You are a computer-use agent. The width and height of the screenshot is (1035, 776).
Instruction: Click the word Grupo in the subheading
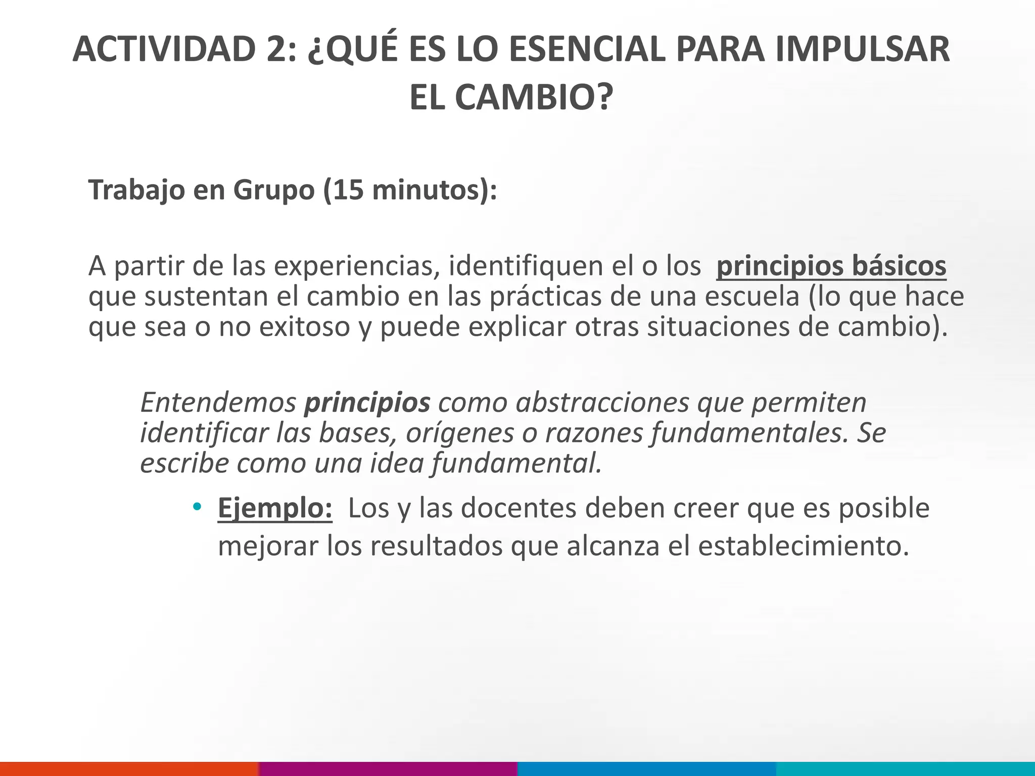(273, 191)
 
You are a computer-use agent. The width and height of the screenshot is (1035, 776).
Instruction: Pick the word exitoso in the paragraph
(304, 327)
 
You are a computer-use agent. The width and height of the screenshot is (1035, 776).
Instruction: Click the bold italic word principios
(367, 403)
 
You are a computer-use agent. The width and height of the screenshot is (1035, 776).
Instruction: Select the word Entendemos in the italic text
(218, 403)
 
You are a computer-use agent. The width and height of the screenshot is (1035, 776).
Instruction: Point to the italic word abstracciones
(602, 403)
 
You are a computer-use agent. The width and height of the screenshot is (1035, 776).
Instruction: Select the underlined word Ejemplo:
(275, 508)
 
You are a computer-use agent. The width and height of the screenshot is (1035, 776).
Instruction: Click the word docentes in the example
(519, 508)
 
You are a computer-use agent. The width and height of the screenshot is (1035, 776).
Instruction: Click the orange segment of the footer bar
(129, 768)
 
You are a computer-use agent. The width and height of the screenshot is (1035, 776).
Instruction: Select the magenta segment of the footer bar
(388, 768)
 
